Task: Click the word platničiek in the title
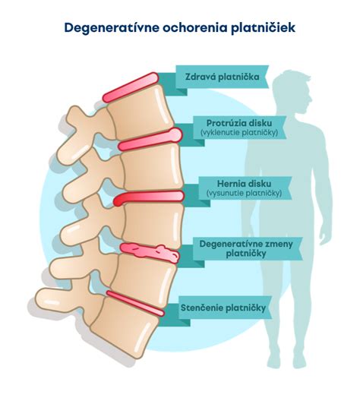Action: point(259,28)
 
